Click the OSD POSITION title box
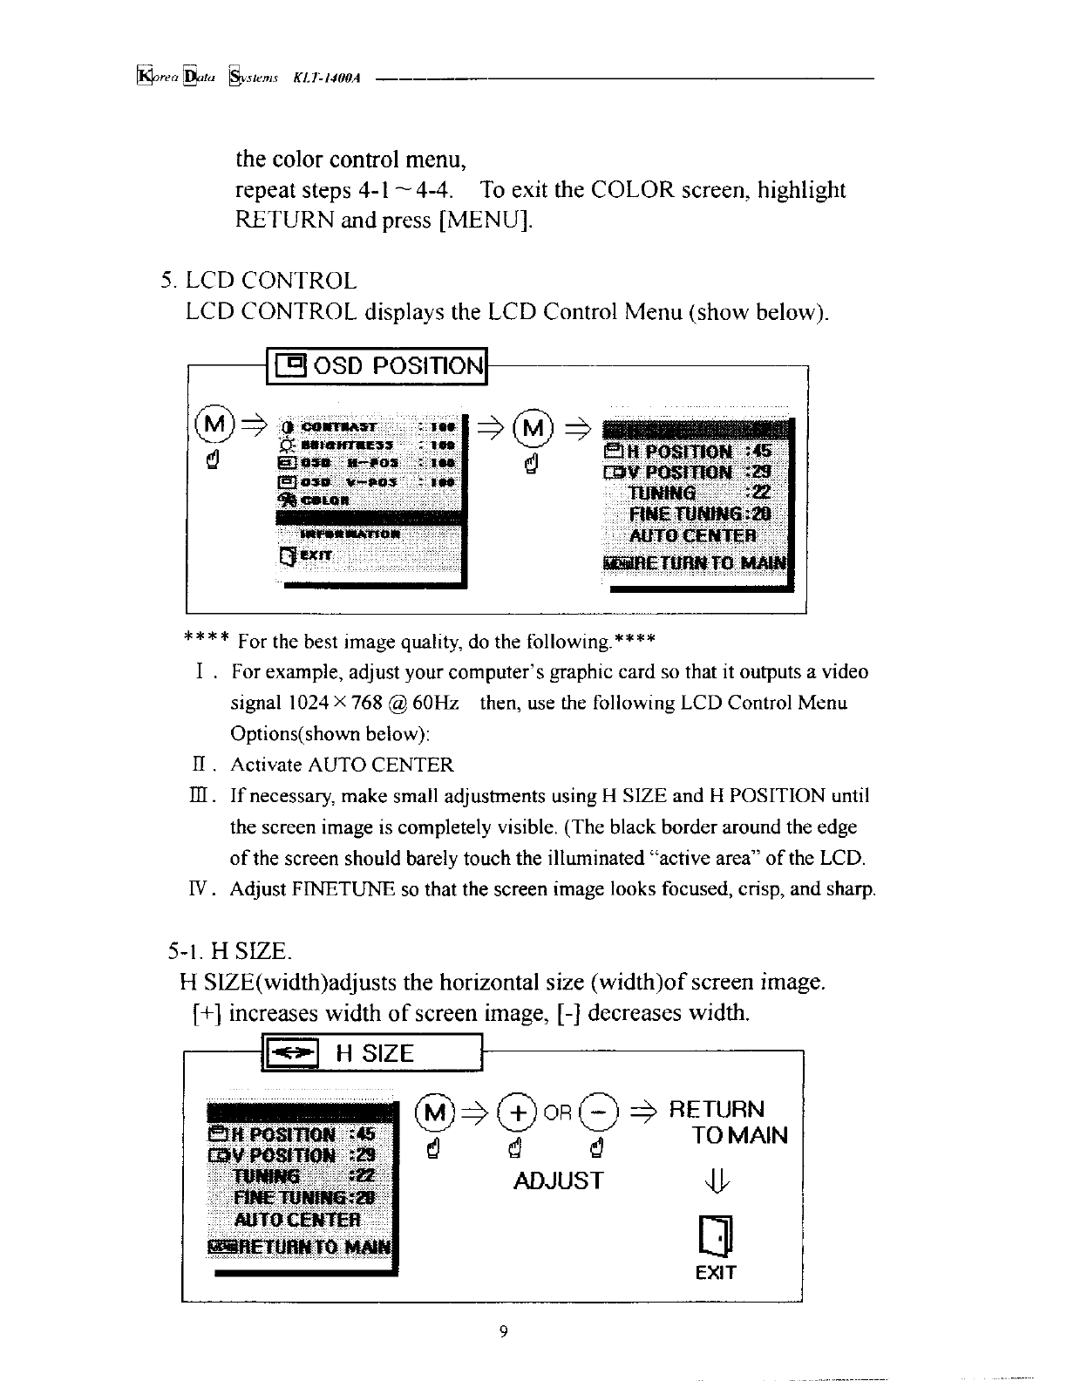click(377, 365)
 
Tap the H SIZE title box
click(371, 1053)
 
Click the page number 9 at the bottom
click(503, 1331)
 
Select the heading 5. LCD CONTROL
click(259, 281)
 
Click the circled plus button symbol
click(520, 1112)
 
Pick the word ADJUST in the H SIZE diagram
click(558, 1181)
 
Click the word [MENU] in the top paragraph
click(484, 221)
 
